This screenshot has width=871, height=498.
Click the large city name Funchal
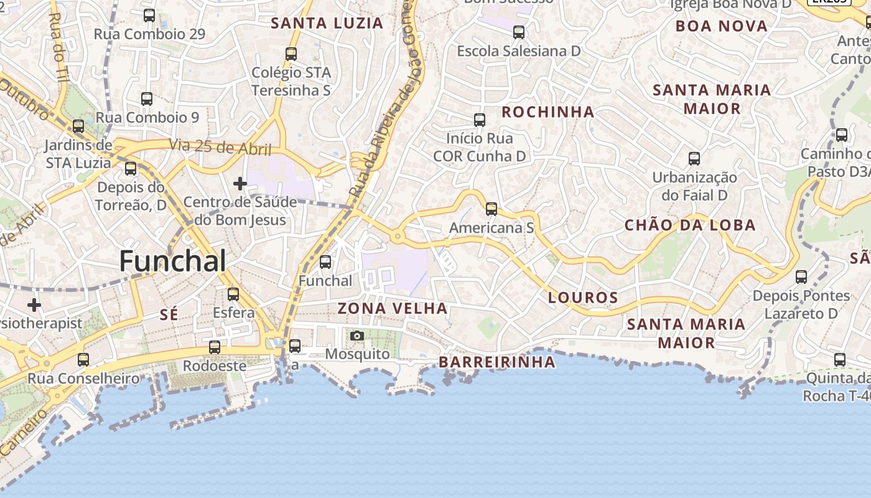tap(172, 261)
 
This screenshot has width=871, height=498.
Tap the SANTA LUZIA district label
tap(327, 24)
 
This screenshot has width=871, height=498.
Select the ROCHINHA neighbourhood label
tap(547, 112)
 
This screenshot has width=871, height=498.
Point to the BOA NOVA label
tap(721, 26)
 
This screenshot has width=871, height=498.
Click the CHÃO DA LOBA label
tap(690, 225)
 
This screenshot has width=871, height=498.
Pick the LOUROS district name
tap(583, 298)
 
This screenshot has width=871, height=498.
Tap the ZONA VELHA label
tap(393, 308)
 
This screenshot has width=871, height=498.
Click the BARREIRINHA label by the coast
tap(496, 362)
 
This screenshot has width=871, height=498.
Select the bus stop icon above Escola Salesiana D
tap(518, 32)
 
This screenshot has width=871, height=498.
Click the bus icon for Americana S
tap(491, 209)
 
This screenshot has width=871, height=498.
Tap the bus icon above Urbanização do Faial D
tap(694, 159)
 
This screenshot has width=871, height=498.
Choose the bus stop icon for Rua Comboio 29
tap(149, 16)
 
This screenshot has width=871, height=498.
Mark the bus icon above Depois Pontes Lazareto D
tap(801, 277)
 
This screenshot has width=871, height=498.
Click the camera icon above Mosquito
tap(356, 336)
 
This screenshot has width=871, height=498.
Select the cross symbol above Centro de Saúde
tap(240, 184)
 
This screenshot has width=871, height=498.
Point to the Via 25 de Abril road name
tap(220, 148)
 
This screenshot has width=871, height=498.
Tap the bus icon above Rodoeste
tap(215, 347)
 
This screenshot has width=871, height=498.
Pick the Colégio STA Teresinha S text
tap(291, 82)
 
